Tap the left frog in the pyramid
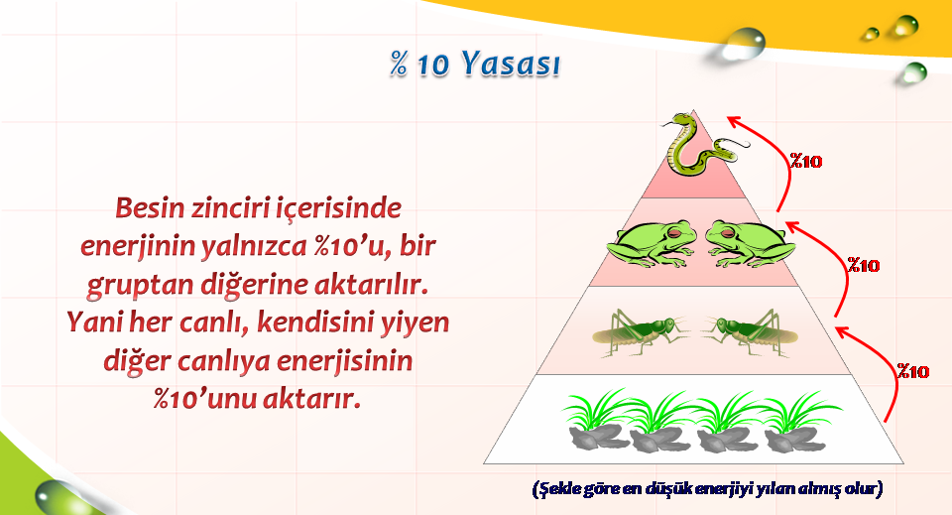pyautogui.click(x=651, y=243)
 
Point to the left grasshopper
pyautogui.click(x=641, y=331)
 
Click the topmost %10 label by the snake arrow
pyautogui.click(x=805, y=161)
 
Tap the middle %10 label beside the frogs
pyautogui.click(x=864, y=265)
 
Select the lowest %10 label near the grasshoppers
pyautogui.click(x=913, y=371)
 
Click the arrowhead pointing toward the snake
pyautogui.click(x=735, y=121)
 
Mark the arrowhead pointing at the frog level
pyautogui.click(x=791, y=227)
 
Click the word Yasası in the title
pyautogui.click(x=510, y=64)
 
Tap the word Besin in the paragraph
pyautogui.click(x=150, y=207)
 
